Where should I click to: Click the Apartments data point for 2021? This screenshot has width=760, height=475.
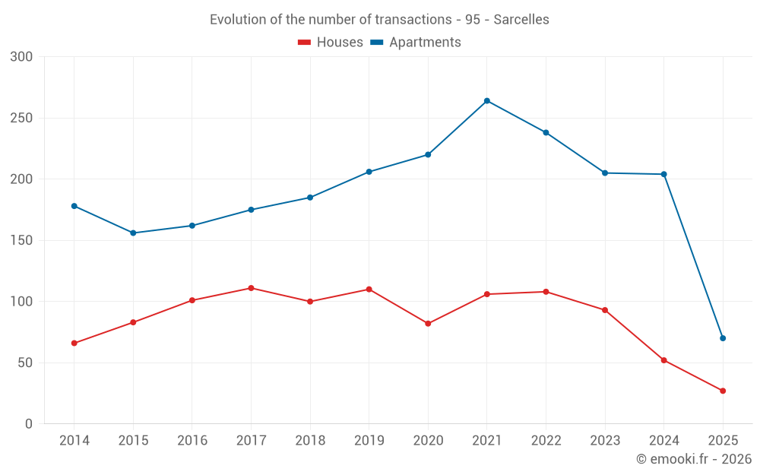(x=487, y=101)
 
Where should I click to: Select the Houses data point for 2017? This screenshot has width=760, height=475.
(x=251, y=288)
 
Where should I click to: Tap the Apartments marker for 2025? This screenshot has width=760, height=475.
(x=723, y=338)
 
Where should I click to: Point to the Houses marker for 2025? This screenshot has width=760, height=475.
(x=723, y=391)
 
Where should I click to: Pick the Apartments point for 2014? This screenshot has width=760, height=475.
(x=74, y=206)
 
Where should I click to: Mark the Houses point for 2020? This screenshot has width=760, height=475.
(x=428, y=324)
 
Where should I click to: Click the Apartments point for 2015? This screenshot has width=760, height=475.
(x=133, y=233)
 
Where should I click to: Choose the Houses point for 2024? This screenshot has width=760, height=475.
(x=664, y=360)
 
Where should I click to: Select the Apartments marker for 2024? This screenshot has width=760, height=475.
(x=664, y=174)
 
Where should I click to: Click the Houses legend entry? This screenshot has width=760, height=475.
(x=331, y=43)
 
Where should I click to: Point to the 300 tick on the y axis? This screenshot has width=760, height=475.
(x=22, y=57)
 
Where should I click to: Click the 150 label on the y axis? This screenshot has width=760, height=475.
(x=22, y=241)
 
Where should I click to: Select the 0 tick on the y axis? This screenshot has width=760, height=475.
(x=29, y=424)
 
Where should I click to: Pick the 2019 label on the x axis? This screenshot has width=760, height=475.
(x=369, y=441)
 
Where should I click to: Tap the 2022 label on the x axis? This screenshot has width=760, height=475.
(x=546, y=441)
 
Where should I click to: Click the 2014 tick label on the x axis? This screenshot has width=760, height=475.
(x=74, y=441)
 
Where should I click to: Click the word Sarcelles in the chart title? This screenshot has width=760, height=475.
(x=521, y=20)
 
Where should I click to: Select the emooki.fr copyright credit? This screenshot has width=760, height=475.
(x=694, y=459)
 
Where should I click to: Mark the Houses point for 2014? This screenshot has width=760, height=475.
(x=74, y=343)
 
